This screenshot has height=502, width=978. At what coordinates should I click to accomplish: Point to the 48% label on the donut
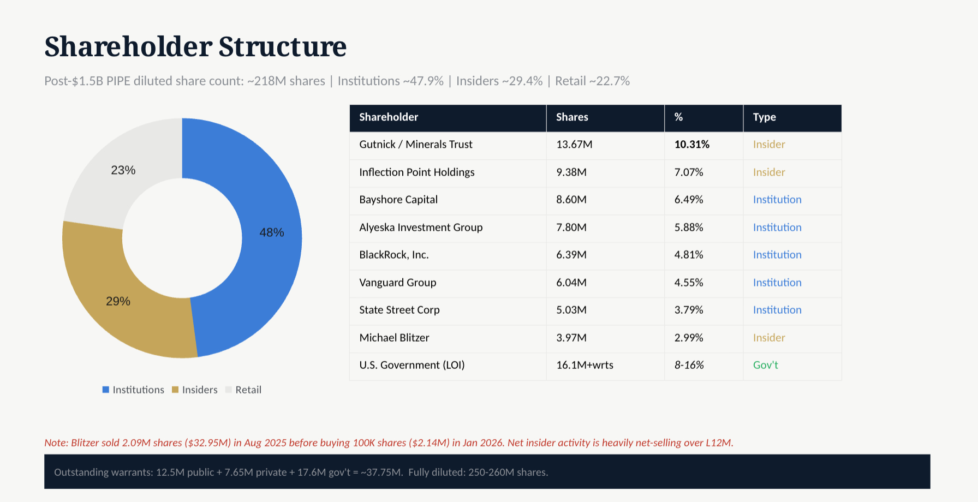coord(272,232)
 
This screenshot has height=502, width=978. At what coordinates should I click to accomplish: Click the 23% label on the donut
coord(123,170)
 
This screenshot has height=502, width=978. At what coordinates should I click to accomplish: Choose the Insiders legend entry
coord(195,390)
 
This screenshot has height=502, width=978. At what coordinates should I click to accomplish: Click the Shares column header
coord(572,117)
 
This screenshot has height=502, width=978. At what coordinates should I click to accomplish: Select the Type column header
coord(764,117)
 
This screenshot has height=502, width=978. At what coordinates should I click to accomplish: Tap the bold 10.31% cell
coord(691,145)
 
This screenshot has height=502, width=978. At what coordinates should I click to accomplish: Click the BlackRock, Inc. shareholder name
coord(394,255)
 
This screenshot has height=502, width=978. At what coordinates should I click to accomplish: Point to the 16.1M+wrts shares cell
coord(585,365)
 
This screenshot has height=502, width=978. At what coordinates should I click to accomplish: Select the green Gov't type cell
coord(765,365)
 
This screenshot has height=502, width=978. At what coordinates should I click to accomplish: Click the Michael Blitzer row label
coord(394,338)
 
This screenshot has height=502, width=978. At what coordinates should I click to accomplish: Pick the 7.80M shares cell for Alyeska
coord(571,228)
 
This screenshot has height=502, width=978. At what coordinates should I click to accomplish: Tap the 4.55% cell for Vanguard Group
coord(688,283)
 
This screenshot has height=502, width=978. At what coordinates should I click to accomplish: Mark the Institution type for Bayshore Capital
coord(777,200)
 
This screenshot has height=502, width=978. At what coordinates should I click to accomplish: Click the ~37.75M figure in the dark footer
coord(381,473)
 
